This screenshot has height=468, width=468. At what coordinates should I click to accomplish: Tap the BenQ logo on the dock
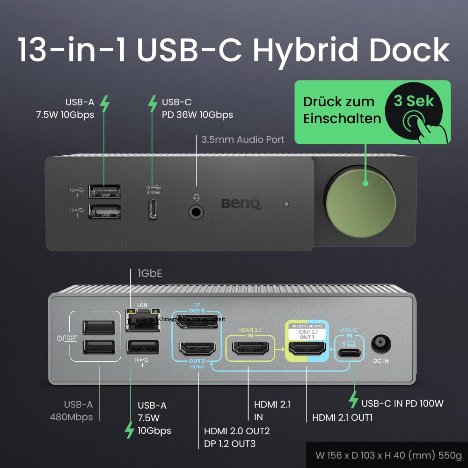[241, 203]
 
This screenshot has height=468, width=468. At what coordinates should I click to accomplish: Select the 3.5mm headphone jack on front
[196, 212]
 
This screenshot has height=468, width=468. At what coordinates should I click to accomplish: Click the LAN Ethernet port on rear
[143, 321]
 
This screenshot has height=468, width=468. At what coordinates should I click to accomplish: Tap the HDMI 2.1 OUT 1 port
[307, 349]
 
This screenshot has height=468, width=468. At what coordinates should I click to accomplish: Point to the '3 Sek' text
[414, 101]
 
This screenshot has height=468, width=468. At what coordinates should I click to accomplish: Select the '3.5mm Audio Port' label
[242, 139]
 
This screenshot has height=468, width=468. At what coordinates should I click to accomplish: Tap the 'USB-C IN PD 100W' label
[402, 403]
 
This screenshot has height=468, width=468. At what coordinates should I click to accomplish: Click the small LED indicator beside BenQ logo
[287, 204]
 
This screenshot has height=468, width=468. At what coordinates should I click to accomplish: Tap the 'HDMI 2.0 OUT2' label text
[237, 431]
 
